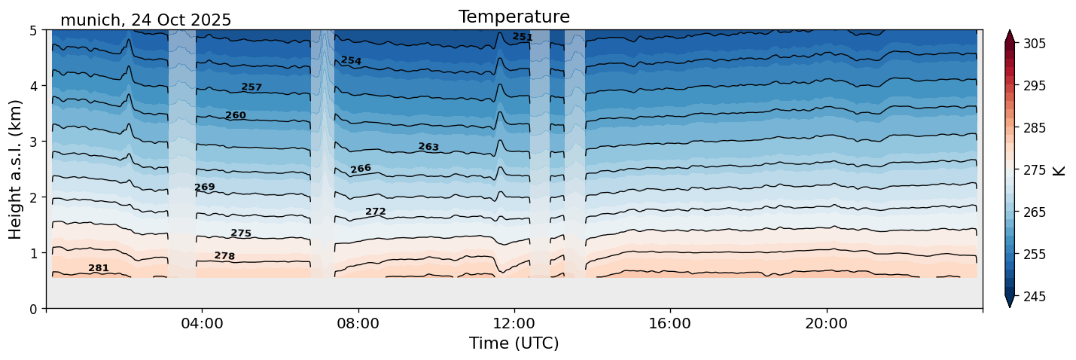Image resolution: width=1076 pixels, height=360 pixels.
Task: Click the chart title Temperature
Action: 514,17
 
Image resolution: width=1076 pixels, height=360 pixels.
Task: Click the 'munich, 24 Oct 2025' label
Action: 145,20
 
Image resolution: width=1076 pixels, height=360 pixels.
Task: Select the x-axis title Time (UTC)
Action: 514,343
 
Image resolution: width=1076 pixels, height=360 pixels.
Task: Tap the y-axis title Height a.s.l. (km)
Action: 16,169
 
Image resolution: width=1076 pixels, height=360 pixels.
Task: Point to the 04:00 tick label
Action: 203,324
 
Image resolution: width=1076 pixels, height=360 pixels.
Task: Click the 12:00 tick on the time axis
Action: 514,324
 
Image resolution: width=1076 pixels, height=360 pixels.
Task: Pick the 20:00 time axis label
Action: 826,324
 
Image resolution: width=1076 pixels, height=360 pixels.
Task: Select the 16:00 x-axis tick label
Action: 670,324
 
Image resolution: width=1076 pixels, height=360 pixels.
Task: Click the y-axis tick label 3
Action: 35,142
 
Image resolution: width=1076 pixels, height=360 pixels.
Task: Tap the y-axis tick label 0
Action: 35,309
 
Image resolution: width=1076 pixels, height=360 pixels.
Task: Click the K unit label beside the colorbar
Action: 1059,170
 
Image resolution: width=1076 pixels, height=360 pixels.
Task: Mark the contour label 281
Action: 99,268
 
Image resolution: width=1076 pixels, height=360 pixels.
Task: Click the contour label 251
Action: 523,37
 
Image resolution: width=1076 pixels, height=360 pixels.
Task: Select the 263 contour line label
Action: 428,147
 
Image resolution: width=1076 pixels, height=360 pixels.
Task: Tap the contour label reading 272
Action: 375,212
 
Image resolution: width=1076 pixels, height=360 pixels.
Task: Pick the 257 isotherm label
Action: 251,87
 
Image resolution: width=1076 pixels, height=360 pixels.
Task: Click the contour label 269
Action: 205,187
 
